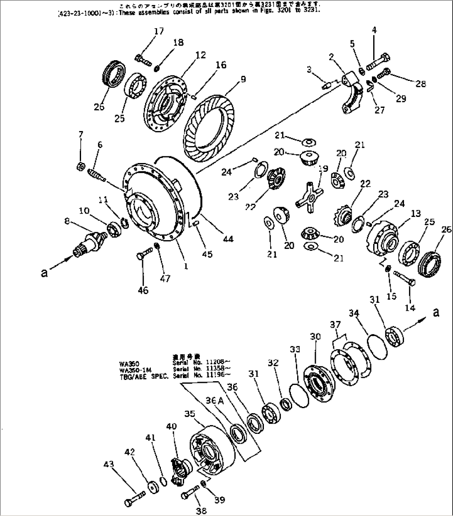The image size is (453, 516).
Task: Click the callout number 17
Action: click(159, 31)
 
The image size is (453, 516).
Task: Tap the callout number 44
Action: click(227, 239)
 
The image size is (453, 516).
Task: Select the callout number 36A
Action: click(215, 400)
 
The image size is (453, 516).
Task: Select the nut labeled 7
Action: click(81, 167)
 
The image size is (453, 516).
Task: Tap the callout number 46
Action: click(143, 291)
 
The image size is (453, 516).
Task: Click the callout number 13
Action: click(416, 214)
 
